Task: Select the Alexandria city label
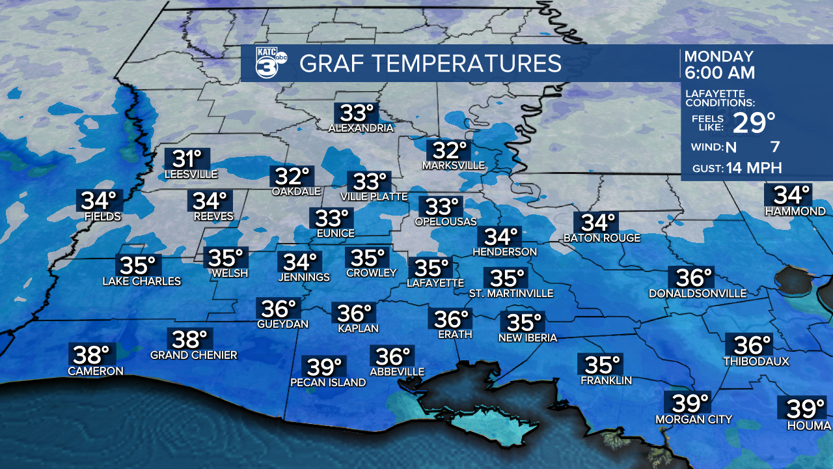[361, 128]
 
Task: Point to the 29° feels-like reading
[754, 122]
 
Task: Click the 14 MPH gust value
[755, 168]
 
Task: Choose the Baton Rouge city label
[602, 238]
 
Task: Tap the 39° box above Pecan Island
[325, 367]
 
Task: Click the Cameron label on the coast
[96, 371]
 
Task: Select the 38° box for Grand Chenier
[189, 339]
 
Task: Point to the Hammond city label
[795, 212]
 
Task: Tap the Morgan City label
[694, 419]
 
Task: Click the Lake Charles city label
[142, 282]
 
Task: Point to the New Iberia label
[528, 338]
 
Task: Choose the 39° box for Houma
[805, 409]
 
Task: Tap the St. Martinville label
[512, 294]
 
